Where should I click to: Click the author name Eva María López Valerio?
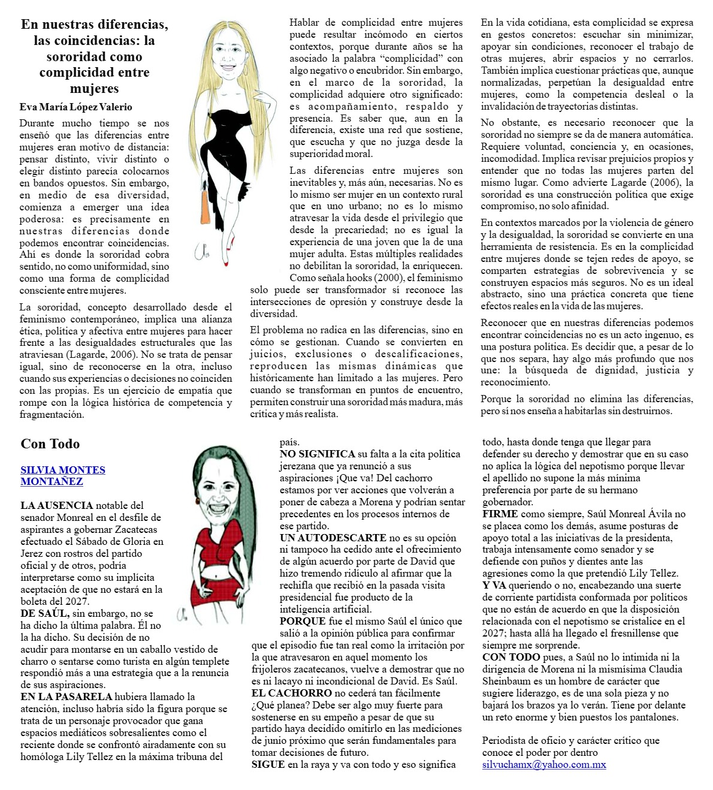pyautogui.click(x=75, y=107)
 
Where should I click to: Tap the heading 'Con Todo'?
pyautogui.click(x=50, y=444)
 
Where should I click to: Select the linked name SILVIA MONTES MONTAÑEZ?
pyautogui.click(x=62, y=475)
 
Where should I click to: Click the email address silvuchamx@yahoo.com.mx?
pyautogui.click(x=544, y=765)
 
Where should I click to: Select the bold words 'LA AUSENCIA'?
pyautogui.click(x=56, y=505)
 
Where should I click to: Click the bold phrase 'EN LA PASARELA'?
pyautogui.click(x=66, y=696)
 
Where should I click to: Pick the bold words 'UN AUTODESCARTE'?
pyautogui.click(x=333, y=538)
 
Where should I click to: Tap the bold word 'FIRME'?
pyautogui.click(x=500, y=514)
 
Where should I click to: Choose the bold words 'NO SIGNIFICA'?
pyautogui.click(x=317, y=454)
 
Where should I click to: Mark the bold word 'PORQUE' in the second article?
pyautogui.click(x=302, y=621)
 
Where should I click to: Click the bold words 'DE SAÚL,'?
pyautogui.click(x=45, y=613)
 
